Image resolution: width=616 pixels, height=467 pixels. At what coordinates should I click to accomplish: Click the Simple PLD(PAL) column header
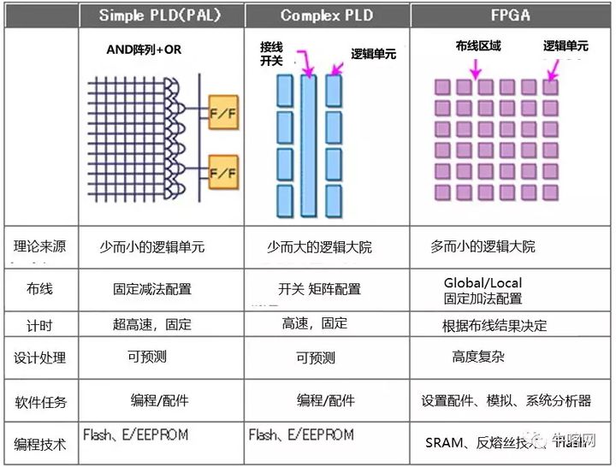(x=163, y=15)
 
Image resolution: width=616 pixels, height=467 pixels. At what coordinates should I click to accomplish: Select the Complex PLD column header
(x=327, y=15)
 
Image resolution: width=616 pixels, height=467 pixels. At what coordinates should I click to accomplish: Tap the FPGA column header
(x=511, y=15)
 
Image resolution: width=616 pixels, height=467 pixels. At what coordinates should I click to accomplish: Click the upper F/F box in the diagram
(x=222, y=112)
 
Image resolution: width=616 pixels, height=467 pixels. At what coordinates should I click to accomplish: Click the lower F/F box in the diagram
(x=222, y=172)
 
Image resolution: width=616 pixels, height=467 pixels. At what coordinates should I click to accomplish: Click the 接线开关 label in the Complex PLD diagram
(x=271, y=54)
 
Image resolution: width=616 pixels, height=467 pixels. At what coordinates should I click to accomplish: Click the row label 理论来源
(x=40, y=246)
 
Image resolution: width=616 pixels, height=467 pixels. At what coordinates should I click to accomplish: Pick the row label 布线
(x=40, y=289)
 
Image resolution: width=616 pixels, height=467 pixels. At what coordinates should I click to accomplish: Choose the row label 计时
(x=40, y=325)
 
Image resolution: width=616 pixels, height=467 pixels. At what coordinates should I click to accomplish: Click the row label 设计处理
(x=40, y=358)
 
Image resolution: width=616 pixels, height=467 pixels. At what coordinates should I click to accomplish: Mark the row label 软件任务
(x=40, y=401)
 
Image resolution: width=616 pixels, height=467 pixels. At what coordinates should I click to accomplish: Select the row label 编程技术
(x=40, y=444)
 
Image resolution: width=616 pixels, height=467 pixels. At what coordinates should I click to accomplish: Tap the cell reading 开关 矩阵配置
(x=320, y=289)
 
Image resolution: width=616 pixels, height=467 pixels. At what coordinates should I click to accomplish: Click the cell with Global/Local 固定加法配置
(x=483, y=291)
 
